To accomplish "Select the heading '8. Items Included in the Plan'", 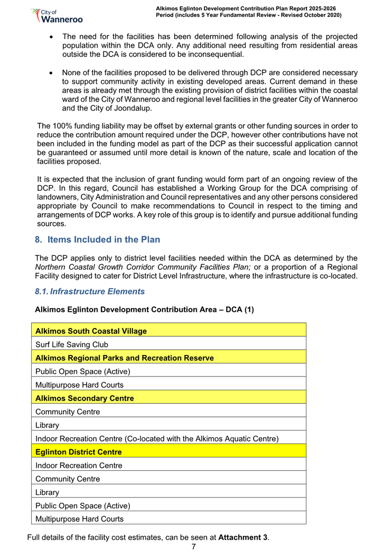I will [x=97, y=239].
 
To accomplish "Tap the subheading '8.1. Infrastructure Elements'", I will [x=89, y=292].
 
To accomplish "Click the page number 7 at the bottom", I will [x=193, y=547].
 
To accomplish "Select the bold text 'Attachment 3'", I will [x=243, y=537].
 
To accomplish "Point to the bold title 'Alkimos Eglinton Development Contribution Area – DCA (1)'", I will [x=144, y=310].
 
